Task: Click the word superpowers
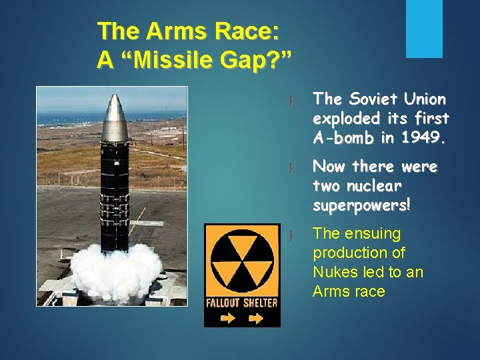pos(362,205)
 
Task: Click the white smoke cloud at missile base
pos(117,273)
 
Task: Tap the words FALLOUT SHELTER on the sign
pos(241,302)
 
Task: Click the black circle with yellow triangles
pos(242,261)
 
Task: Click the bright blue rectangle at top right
pos(425,29)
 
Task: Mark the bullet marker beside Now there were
pos(291,167)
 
